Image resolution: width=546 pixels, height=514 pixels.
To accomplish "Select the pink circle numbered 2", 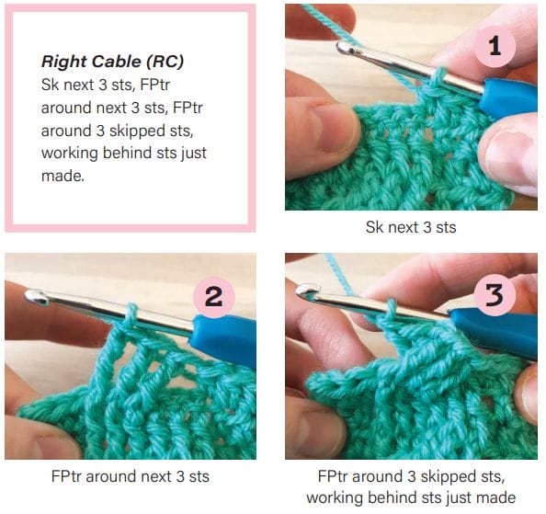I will [x=214, y=296].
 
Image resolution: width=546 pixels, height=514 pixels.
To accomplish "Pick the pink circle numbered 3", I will [x=495, y=296].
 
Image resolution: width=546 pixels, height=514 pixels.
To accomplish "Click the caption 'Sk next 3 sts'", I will [x=411, y=225].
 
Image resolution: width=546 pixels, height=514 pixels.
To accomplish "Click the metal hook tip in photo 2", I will [x=38, y=296].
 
